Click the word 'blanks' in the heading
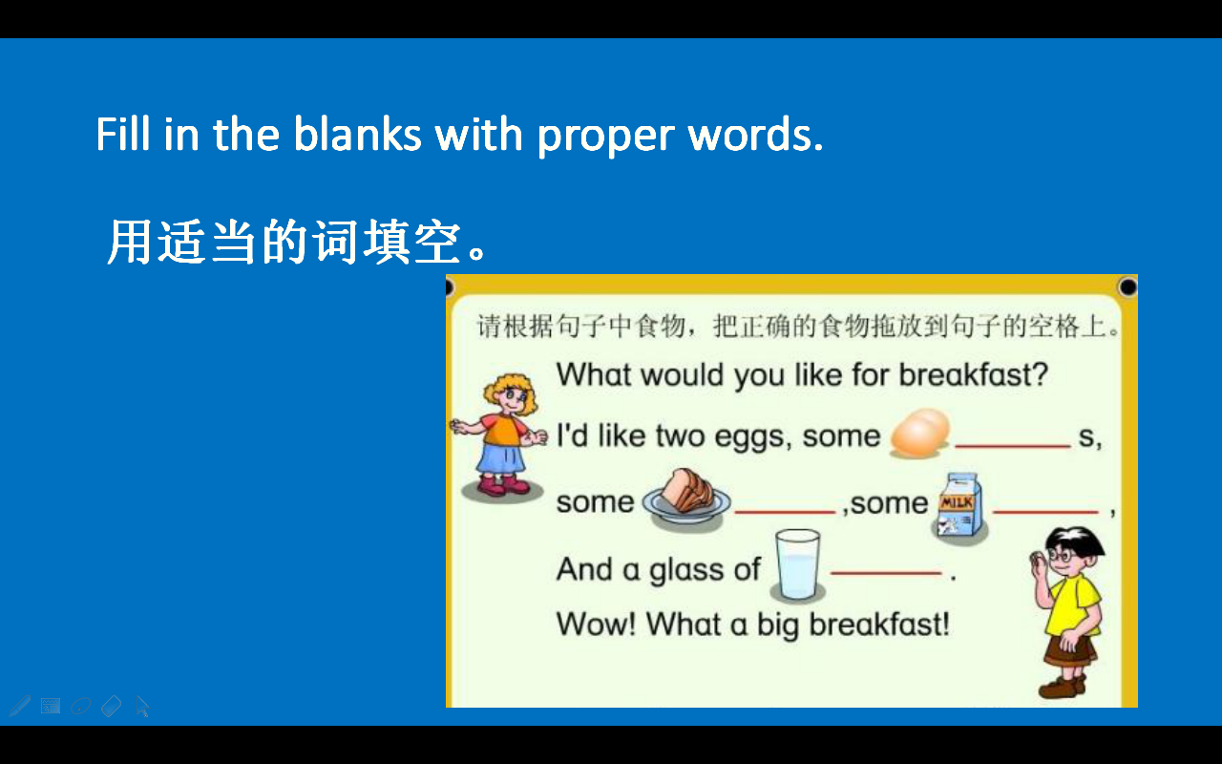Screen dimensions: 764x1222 tap(357, 135)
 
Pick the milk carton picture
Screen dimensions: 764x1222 tap(959, 506)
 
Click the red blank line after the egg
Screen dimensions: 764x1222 tap(1012, 445)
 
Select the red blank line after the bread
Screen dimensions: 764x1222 tap(785, 512)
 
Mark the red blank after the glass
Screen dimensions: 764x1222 tap(886, 573)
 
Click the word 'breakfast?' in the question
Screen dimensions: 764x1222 tap(973, 374)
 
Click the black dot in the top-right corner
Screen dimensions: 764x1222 tap(1127, 286)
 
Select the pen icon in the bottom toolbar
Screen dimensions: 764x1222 tap(19, 706)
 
